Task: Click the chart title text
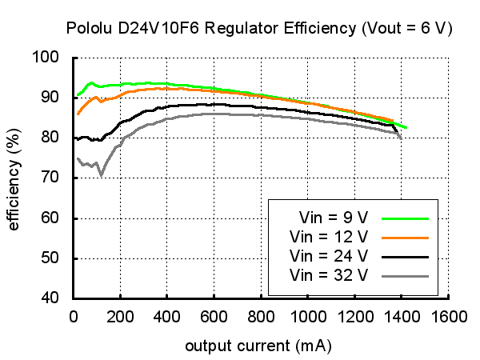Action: pyautogui.click(x=260, y=29)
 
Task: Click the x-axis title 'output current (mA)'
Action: pyautogui.click(x=258, y=347)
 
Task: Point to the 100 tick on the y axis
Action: pyautogui.click(x=50, y=58)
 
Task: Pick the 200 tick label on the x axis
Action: pyautogui.click(x=119, y=316)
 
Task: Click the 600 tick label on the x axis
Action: pyautogui.click(x=214, y=316)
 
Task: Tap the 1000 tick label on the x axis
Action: pyautogui.click(x=307, y=316)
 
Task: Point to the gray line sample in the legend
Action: pyautogui.click(x=406, y=276)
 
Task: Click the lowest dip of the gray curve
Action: pyautogui.click(x=101, y=174)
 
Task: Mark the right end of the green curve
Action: pyautogui.click(x=406, y=127)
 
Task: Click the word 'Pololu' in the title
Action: pyautogui.click(x=90, y=29)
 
